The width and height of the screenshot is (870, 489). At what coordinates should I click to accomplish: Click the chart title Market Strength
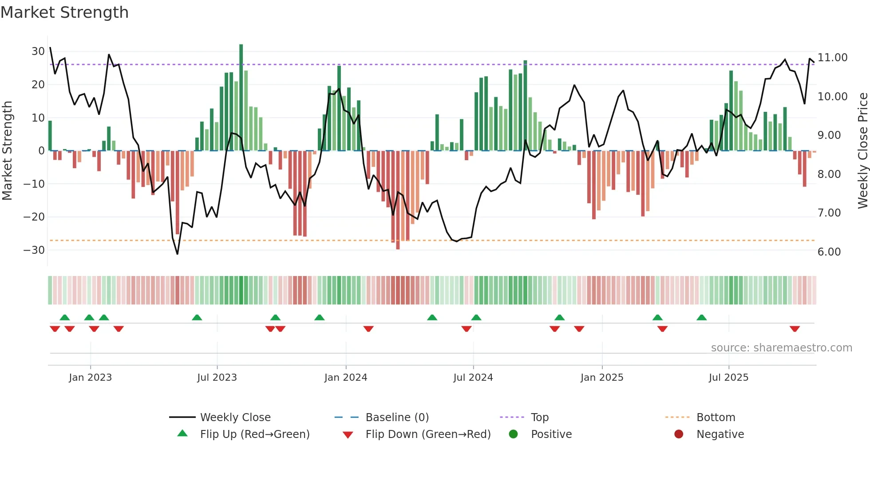[65, 12]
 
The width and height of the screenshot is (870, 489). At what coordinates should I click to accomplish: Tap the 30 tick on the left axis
[38, 51]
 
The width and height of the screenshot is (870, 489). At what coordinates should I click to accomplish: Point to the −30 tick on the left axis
[35, 250]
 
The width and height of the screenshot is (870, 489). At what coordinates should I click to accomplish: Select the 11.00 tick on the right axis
[832, 58]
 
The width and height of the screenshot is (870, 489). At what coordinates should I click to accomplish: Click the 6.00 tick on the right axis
[829, 252]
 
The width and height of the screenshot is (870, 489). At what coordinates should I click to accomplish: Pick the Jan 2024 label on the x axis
[346, 378]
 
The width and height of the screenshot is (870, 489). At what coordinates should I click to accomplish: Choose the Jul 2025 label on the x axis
[728, 378]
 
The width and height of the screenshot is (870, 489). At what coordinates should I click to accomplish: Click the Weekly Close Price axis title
[862, 151]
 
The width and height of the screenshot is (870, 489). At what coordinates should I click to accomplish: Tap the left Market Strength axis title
[7, 151]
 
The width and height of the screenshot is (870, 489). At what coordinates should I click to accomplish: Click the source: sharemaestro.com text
[781, 348]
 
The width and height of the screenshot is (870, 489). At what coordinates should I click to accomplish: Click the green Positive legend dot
[514, 434]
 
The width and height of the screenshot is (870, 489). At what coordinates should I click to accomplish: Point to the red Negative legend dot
[679, 434]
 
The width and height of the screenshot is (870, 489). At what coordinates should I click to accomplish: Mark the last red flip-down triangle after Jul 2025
[795, 329]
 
